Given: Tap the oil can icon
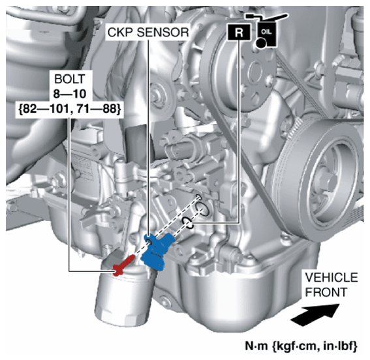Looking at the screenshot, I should tap(265, 29).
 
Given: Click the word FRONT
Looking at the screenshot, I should tap(324, 290).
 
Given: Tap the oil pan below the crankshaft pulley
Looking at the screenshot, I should tap(261, 287).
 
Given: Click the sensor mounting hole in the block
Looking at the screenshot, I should tap(203, 210).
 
